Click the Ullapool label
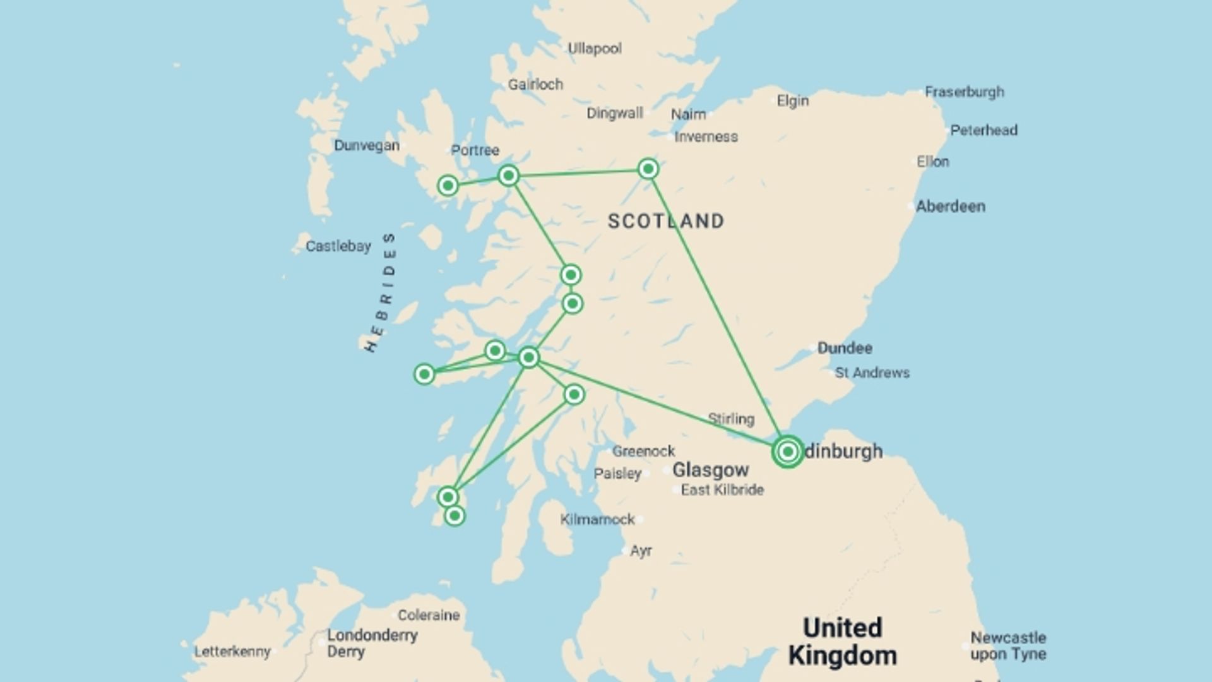coord(594,49)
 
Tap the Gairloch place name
coord(535,84)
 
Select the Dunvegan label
coord(366,145)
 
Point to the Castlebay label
coord(338,246)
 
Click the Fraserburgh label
coord(964,92)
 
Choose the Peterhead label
coord(983,130)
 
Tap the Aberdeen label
coord(950,206)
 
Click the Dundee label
coord(844,348)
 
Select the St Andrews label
coord(872,373)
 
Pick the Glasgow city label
coord(710,470)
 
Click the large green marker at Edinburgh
coord(787,452)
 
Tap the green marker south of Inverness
coord(648,169)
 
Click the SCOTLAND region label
coord(666,221)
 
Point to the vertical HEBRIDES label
coord(381,292)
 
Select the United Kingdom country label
coord(842,642)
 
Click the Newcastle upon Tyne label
coord(1007,646)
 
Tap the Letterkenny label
coord(232,651)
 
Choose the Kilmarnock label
coord(597,519)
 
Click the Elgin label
coord(792,100)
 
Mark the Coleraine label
coord(428,615)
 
